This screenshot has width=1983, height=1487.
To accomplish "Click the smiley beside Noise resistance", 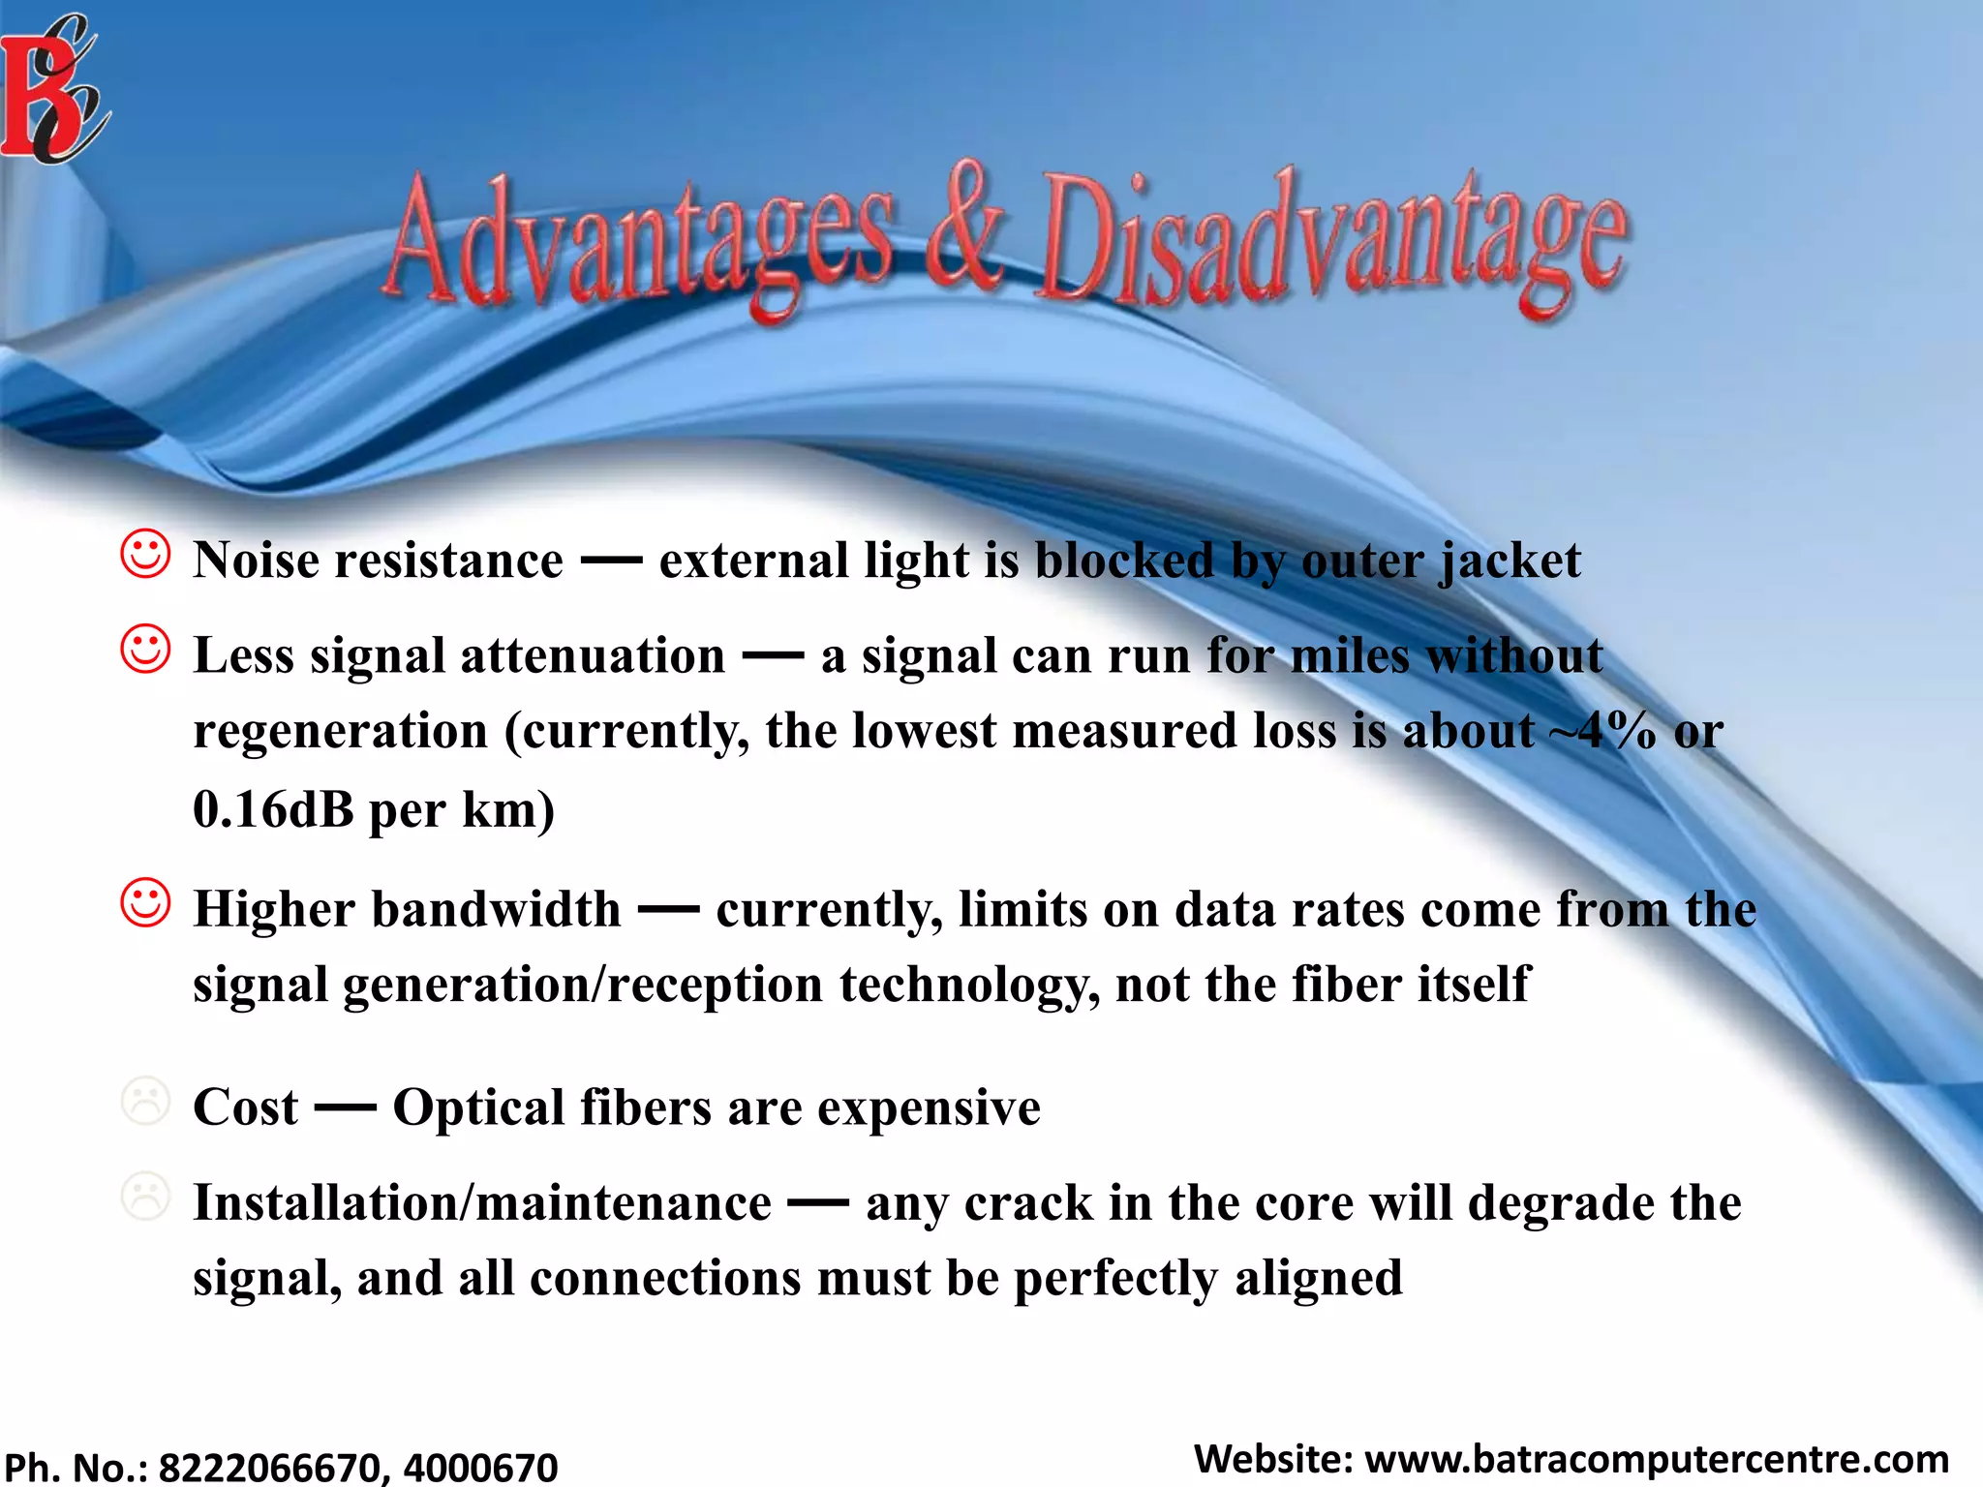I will tap(145, 554).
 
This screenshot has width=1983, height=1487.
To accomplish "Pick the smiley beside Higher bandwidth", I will tap(145, 902).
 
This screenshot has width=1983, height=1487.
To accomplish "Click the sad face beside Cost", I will tap(145, 1101).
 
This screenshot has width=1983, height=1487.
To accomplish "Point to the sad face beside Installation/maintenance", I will tap(145, 1197).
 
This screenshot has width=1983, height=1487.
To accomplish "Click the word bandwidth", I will tap(496, 910).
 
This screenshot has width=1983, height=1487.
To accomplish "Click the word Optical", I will tap(478, 1108).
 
